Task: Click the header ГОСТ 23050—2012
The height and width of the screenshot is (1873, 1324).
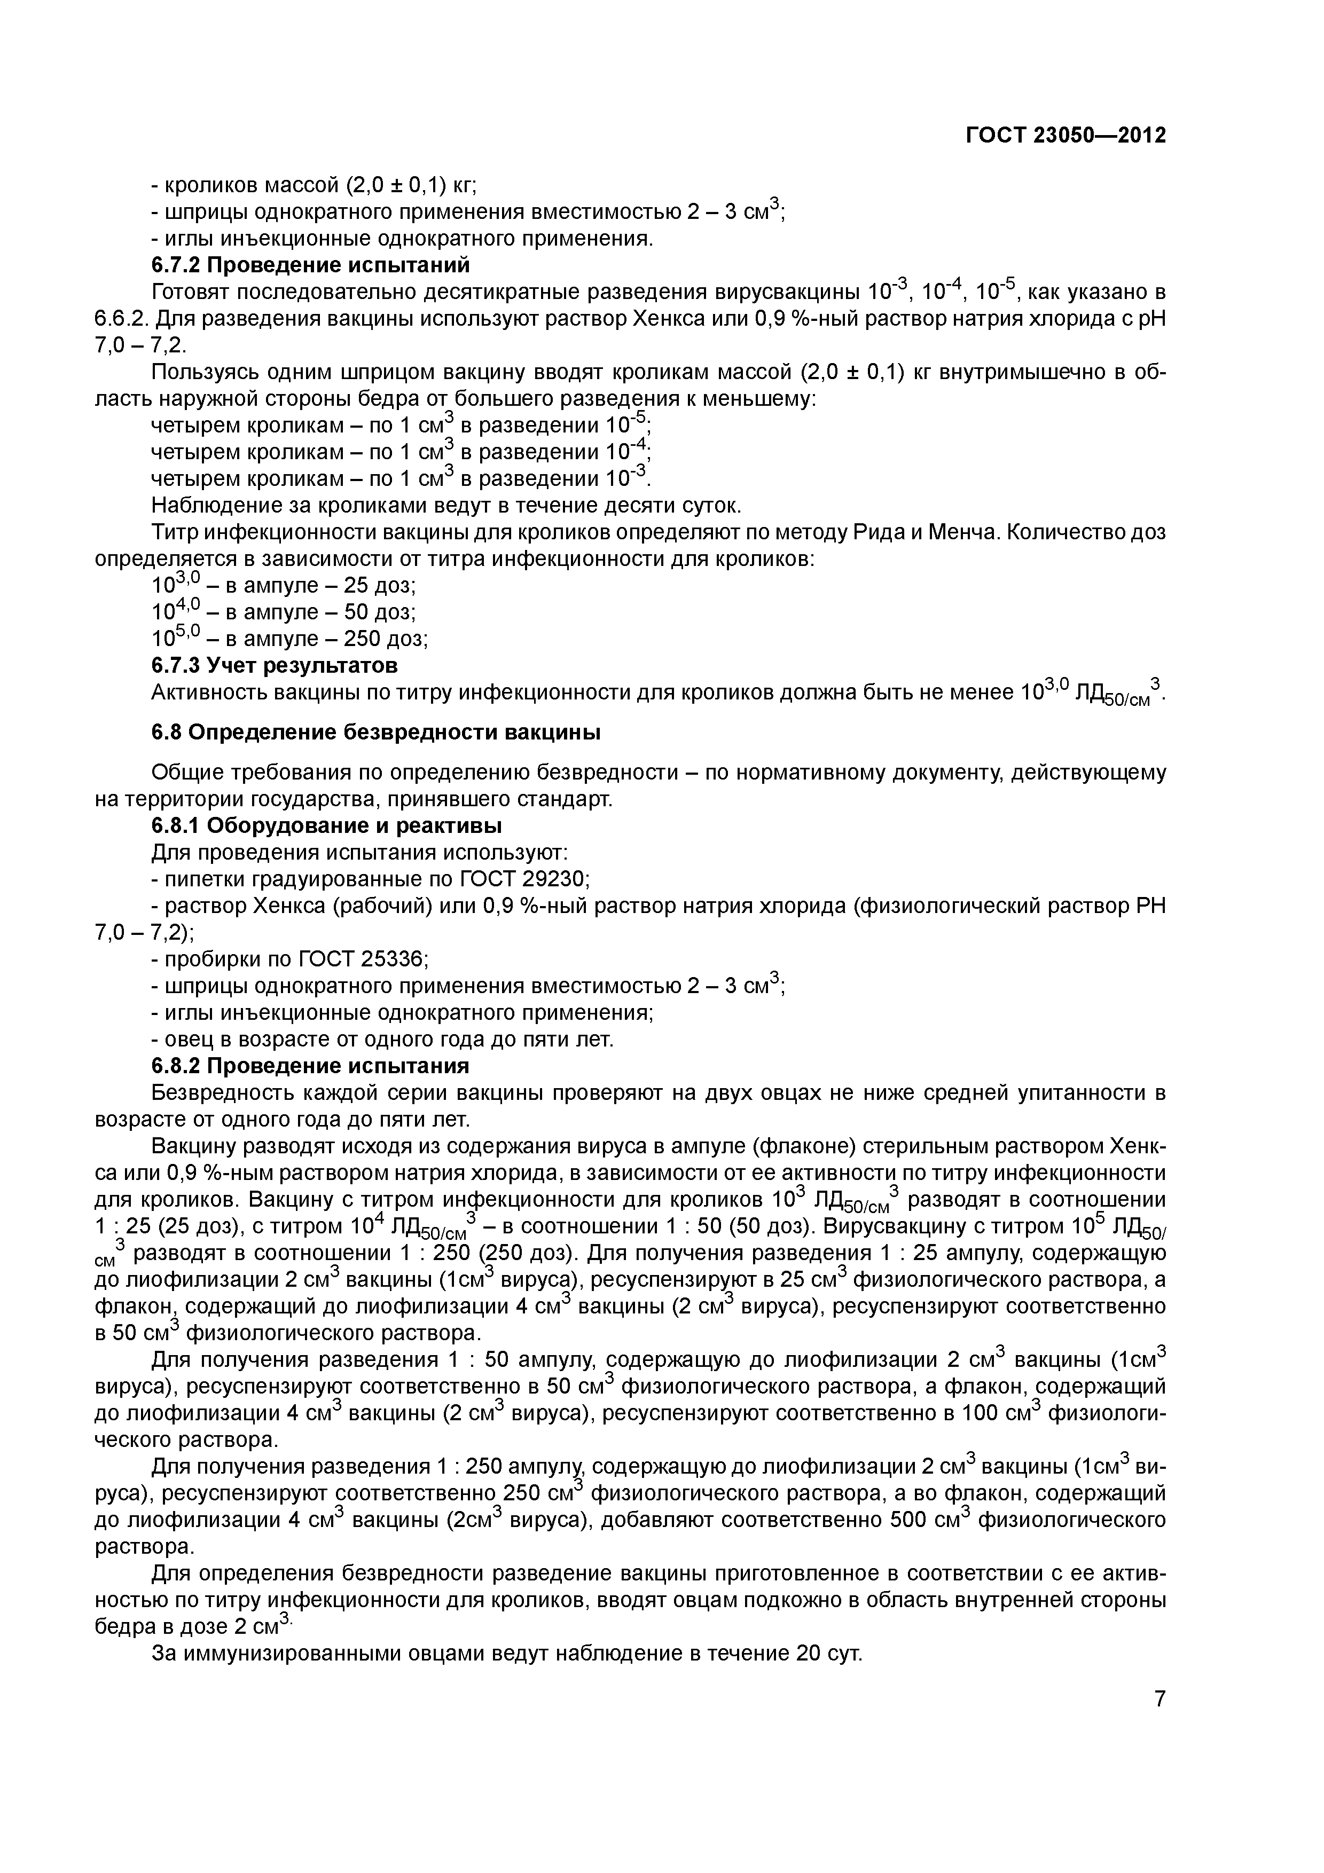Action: (1066, 136)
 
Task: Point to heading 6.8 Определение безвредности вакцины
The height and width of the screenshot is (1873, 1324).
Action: (375, 733)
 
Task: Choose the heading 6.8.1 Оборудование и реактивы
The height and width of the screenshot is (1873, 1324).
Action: (326, 825)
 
